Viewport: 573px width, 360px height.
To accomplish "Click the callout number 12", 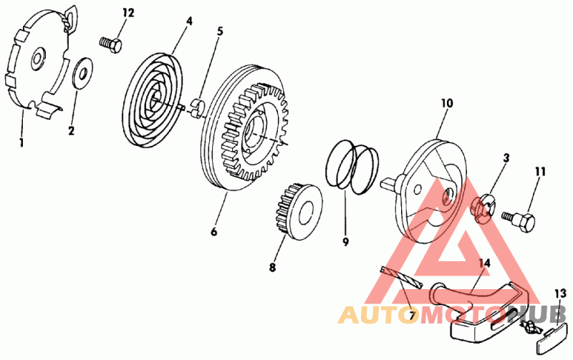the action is pos(128,13).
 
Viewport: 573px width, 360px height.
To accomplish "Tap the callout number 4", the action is pos(189,21).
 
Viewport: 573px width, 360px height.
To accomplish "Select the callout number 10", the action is pos(446,104).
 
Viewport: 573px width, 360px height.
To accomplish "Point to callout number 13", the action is pos(560,293).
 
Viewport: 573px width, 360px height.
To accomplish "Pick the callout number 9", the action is pos(345,241).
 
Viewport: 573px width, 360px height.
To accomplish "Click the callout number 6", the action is pos(213,231).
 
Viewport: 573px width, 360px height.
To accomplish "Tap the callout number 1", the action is pos(21,142).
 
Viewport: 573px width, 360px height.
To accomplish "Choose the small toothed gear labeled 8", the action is pos(297,214).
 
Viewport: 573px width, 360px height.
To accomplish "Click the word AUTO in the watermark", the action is pos(377,315).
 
